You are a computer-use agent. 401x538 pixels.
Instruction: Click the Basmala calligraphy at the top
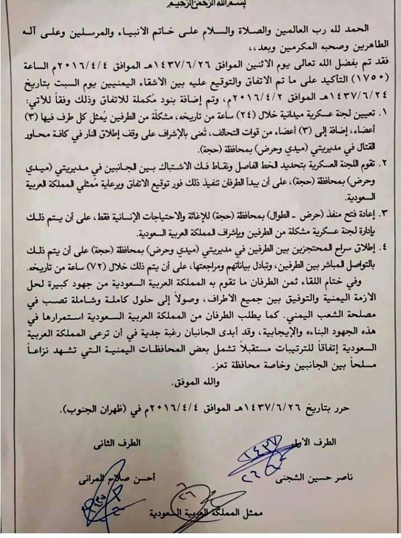coord(201,4)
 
